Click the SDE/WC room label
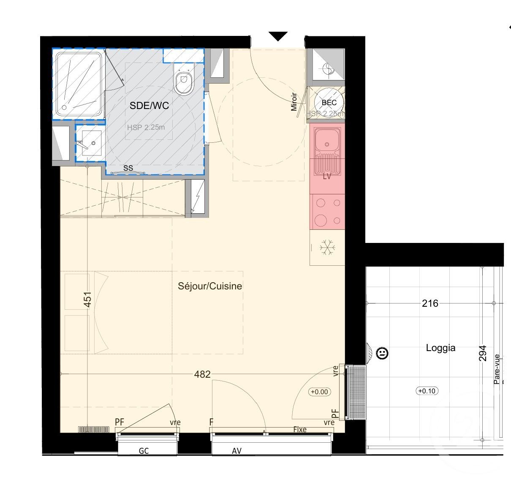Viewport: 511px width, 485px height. pyautogui.click(x=149, y=106)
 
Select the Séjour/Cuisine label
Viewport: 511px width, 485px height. pyautogui.click(x=210, y=286)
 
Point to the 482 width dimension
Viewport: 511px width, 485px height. pyautogui.click(x=202, y=374)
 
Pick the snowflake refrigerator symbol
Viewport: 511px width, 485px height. pyautogui.click(x=327, y=247)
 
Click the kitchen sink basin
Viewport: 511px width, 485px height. pyautogui.click(x=327, y=139)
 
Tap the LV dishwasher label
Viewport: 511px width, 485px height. pyautogui.click(x=327, y=177)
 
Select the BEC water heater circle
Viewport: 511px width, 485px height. pyautogui.click(x=329, y=103)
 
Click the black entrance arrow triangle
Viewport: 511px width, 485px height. pyautogui.click(x=278, y=36)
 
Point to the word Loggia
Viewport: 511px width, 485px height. pyautogui.click(x=440, y=348)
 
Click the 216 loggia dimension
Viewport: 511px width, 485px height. pyautogui.click(x=430, y=303)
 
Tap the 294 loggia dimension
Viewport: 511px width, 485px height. pyautogui.click(x=483, y=353)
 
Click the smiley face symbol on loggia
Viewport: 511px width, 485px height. pyautogui.click(x=382, y=353)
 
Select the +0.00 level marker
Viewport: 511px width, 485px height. pyautogui.click(x=319, y=392)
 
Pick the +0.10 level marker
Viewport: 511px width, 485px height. pyautogui.click(x=426, y=391)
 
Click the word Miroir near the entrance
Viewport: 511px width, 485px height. pyautogui.click(x=294, y=102)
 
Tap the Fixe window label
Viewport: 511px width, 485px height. pyautogui.click(x=300, y=429)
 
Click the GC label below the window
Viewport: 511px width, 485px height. pyautogui.click(x=144, y=451)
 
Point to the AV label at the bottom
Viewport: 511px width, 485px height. pyautogui.click(x=236, y=451)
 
